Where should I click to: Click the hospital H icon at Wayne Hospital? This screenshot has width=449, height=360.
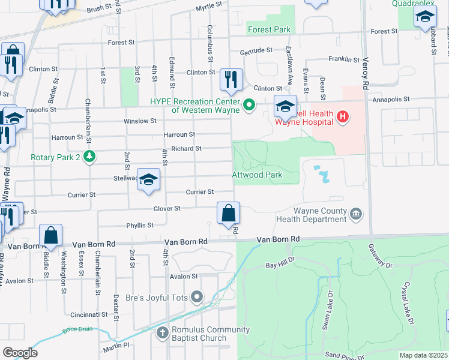342,115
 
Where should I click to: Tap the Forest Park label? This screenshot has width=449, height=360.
268,29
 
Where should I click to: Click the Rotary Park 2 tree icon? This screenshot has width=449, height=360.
89,157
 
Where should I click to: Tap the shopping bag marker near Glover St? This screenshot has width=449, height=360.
228,214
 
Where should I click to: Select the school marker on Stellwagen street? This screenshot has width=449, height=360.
148,180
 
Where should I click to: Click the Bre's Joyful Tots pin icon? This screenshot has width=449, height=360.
197,296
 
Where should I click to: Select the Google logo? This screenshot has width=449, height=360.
20,352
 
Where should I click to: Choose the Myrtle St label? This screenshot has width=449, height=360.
209,6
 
